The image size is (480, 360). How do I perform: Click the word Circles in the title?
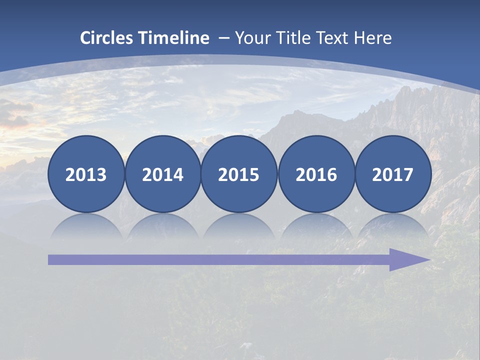[107, 38]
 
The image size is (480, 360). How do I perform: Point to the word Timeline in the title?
[174, 38]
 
